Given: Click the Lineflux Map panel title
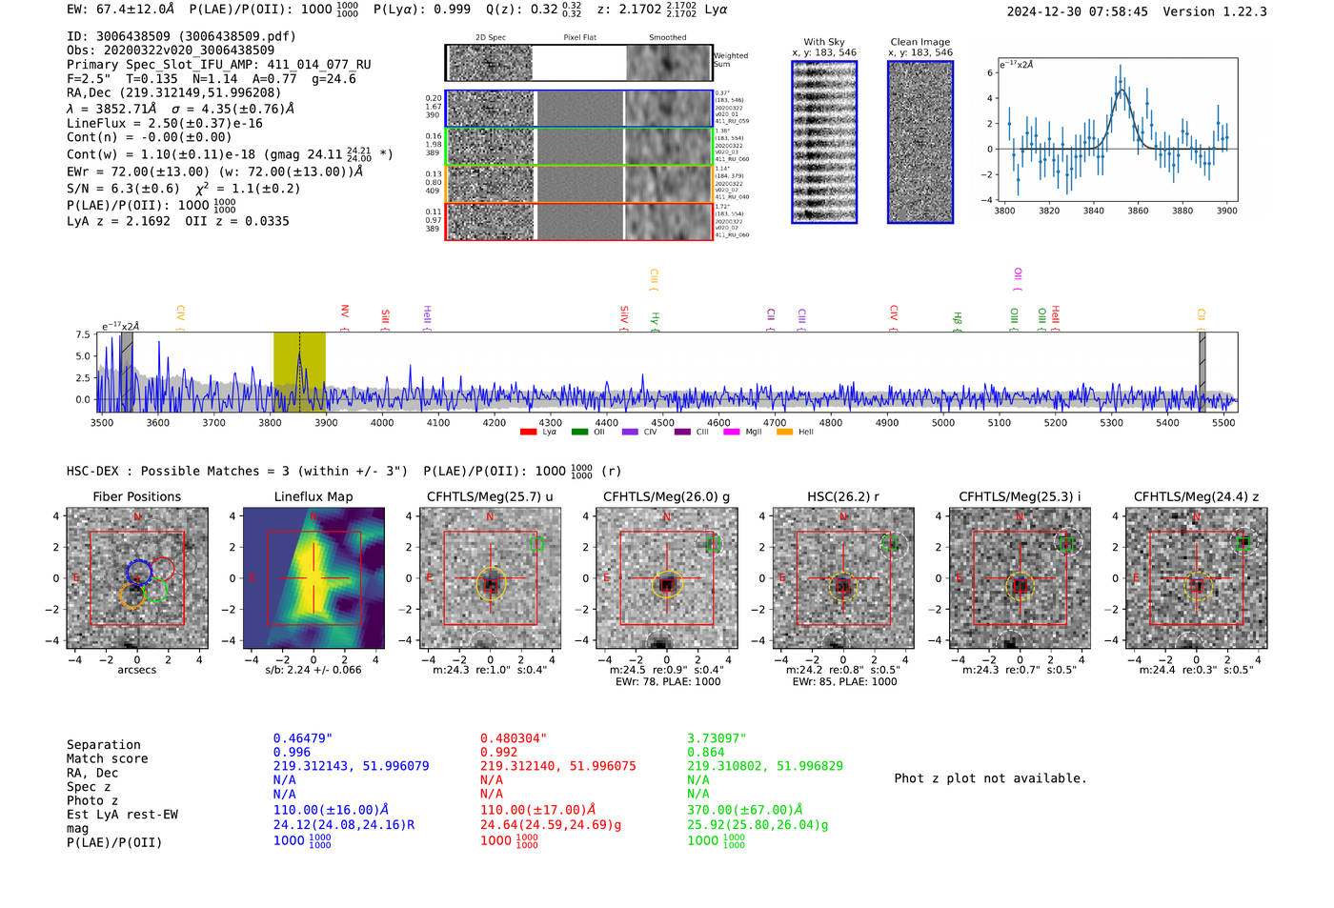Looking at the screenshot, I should pos(313,496).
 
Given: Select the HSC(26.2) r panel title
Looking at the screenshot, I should pos(842,496).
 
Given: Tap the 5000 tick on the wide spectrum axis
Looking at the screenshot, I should pos(942,423).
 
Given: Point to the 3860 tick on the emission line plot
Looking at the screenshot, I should pos(1138,211).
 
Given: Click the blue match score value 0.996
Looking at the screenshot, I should pos(292,752).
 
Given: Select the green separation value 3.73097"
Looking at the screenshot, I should pos(717,738).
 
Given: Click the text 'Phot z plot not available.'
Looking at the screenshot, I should pos(990,778).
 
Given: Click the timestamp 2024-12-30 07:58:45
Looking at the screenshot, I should pos(1077,11).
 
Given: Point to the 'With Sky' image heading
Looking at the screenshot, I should pos(824,42).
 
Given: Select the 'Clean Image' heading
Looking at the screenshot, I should pos(920,42).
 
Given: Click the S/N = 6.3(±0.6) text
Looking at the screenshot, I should pos(123,189).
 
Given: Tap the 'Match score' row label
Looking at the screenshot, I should pos(107,759).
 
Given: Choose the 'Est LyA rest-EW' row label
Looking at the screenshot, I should pos(122,815).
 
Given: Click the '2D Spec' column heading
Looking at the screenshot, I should pos(491,38).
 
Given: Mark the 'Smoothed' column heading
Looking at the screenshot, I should pos(667,38).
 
